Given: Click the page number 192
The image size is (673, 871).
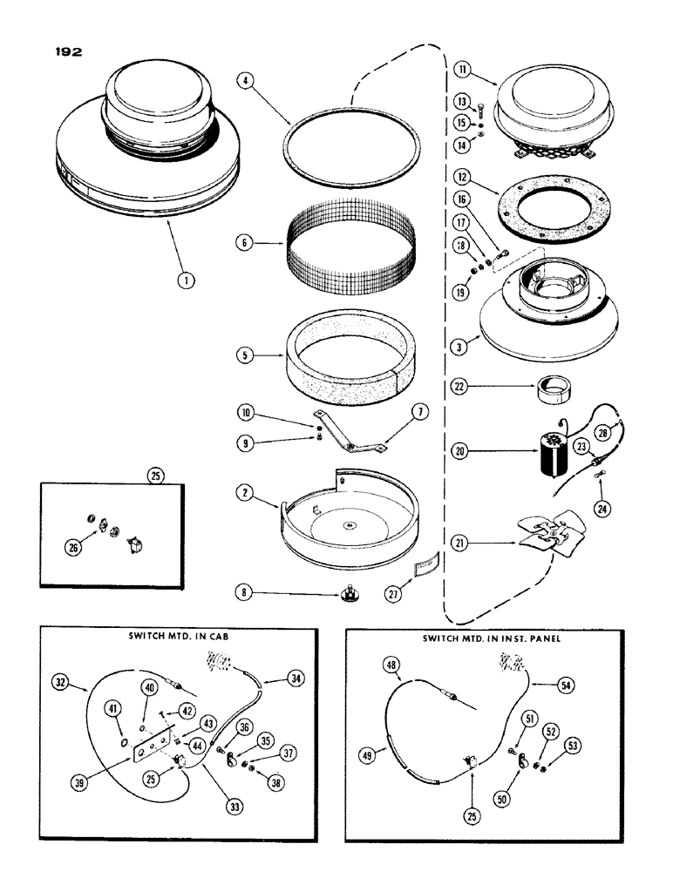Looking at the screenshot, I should pos(65,52).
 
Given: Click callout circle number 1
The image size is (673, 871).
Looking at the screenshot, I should pos(188,280).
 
